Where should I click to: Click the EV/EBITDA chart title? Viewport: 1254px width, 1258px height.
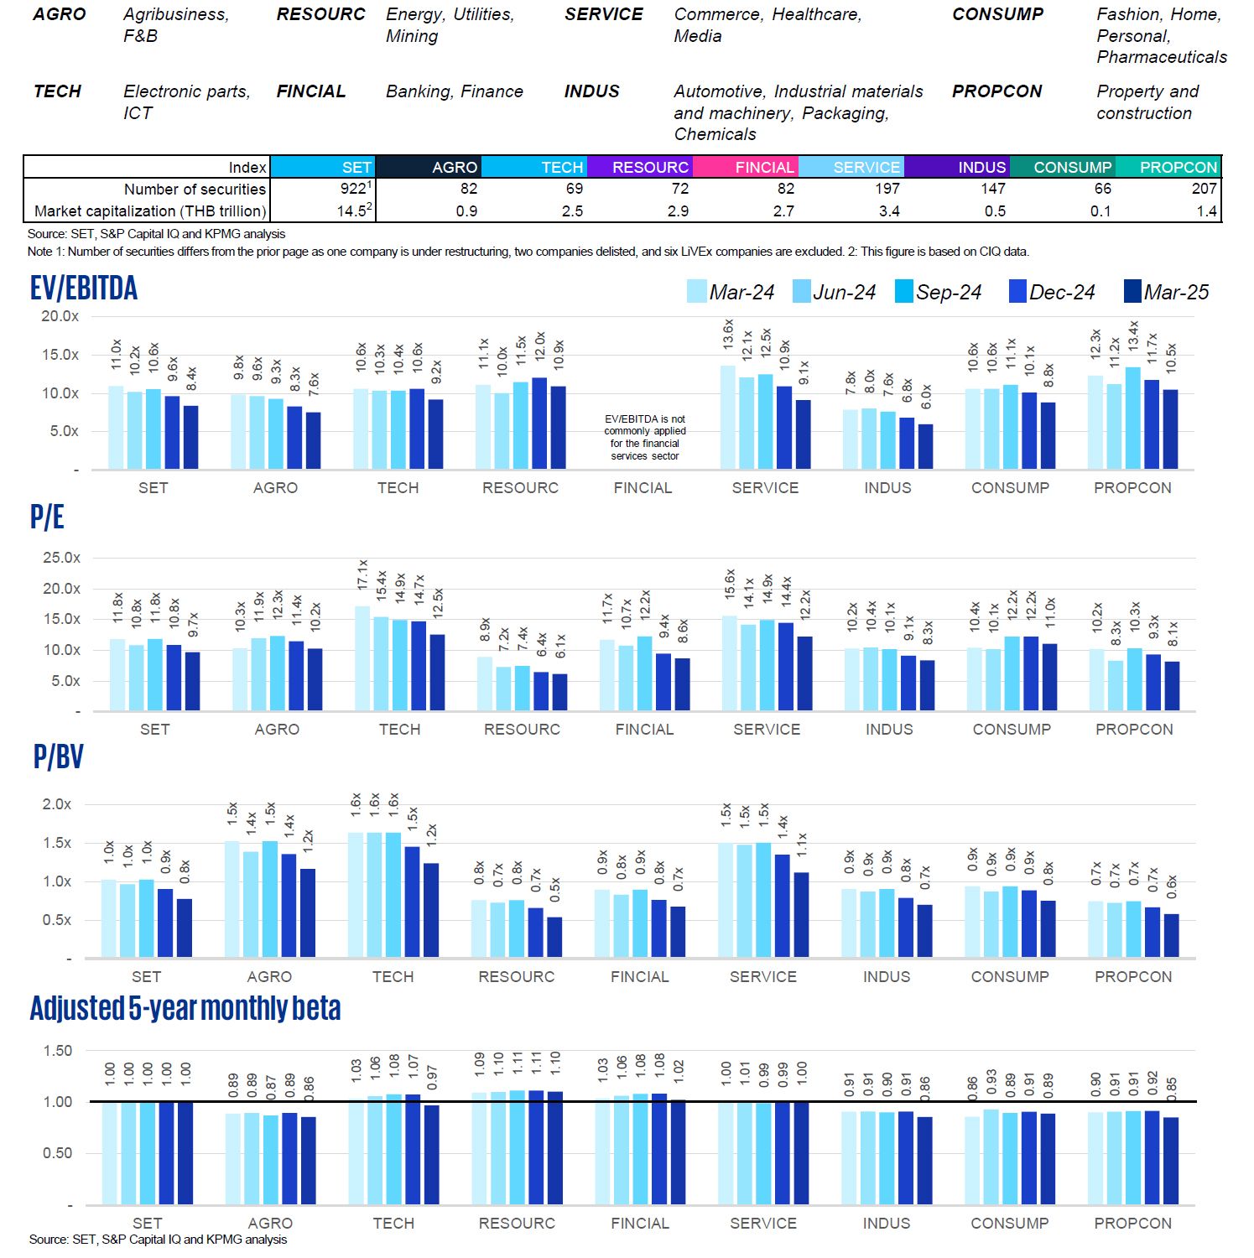(84, 289)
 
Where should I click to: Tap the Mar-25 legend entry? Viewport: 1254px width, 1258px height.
(1166, 292)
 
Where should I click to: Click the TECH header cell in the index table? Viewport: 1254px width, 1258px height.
(534, 167)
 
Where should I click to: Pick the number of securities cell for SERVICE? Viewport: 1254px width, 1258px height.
(851, 189)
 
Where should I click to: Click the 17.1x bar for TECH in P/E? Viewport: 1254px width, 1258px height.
(362, 658)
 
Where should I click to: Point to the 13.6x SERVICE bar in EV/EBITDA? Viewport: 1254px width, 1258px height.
(728, 417)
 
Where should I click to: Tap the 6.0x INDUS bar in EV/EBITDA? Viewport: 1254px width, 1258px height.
(925, 446)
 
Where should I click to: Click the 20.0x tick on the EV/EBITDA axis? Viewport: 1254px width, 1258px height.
(60, 316)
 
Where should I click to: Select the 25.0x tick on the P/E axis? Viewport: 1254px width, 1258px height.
(61, 558)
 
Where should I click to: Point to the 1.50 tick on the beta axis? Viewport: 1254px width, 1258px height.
(57, 1051)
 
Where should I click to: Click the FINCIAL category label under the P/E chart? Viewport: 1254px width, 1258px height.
(644, 730)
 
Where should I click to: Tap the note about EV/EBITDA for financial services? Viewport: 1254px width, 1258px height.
(644, 437)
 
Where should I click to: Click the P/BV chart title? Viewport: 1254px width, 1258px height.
(58, 756)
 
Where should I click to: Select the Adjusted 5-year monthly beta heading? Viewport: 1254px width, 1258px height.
(185, 1008)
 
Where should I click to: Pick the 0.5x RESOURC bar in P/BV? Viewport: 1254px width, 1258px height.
(554, 937)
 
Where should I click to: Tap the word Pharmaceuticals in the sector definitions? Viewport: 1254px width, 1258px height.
(1161, 57)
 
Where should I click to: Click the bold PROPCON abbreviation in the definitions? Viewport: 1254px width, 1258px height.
(996, 91)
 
